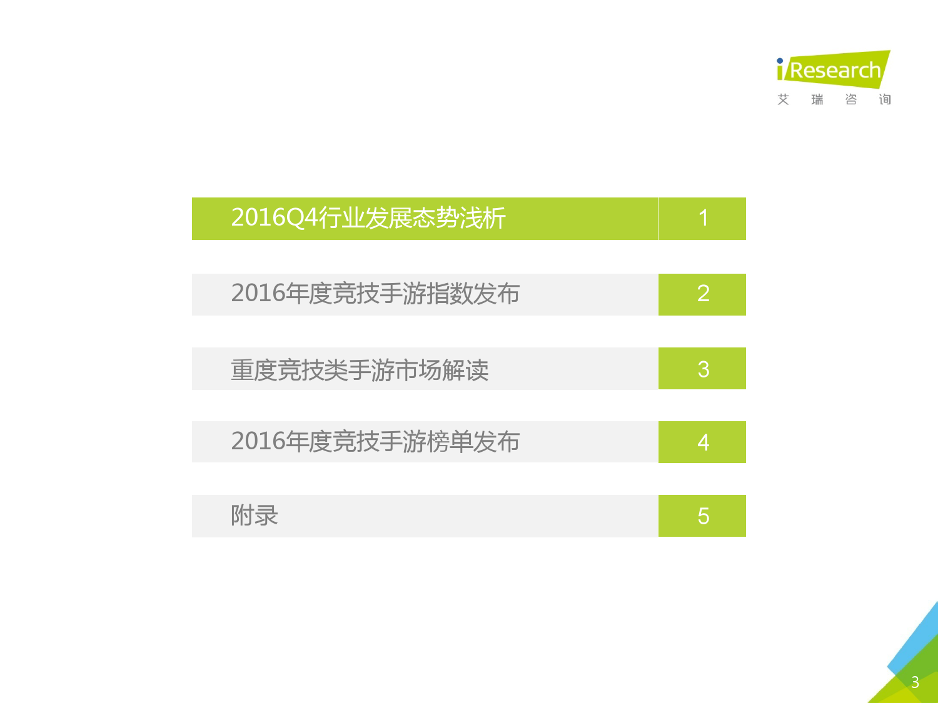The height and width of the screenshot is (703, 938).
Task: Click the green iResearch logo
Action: coord(834,69)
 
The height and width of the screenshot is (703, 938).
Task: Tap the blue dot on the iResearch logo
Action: coord(780,61)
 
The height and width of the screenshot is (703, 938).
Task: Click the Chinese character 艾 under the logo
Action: coord(784,99)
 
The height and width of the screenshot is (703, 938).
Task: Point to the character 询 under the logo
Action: coord(885,99)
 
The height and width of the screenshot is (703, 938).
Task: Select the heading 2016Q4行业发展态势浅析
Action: coord(368,217)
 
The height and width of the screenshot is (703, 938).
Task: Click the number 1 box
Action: coord(702,219)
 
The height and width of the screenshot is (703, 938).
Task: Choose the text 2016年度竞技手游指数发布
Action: coord(375,294)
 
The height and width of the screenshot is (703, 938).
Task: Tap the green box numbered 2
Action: coord(702,294)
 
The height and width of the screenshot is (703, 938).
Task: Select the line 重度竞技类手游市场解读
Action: coord(360,370)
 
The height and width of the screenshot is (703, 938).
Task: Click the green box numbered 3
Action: coord(702,368)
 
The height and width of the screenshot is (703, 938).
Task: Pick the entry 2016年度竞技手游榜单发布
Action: coord(375,441)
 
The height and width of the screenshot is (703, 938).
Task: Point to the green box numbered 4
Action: coord(702,442)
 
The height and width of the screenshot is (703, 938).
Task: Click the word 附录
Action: coord(255,515)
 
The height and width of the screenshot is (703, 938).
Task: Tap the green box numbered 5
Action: coord(702,516)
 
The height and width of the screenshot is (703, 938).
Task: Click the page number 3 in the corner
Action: coord(915,682)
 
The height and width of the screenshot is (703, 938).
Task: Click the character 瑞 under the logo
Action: coord(817,99)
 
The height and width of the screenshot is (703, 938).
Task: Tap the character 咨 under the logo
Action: coord(851,99)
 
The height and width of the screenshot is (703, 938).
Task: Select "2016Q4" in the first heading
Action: coord(275,217)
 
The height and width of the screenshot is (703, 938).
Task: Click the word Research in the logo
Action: coord(835,71)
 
